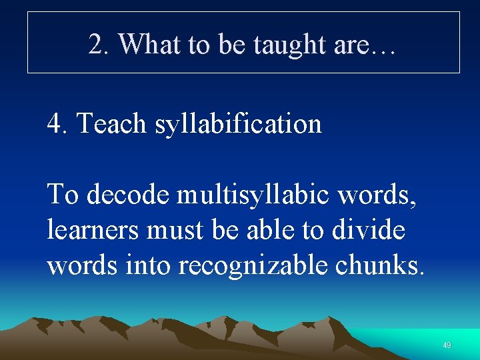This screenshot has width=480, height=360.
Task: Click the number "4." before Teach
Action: pos(59,123)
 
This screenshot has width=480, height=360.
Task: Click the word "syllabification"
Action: pos(238,123)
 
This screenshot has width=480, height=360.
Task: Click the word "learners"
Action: pos(93,230)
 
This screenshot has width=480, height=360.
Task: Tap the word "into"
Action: pos(150,265)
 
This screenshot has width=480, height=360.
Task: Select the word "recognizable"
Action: pos(255,265)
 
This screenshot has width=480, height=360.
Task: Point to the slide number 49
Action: pos(447,345)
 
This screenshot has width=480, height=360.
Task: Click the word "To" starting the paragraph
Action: pos(63,195)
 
